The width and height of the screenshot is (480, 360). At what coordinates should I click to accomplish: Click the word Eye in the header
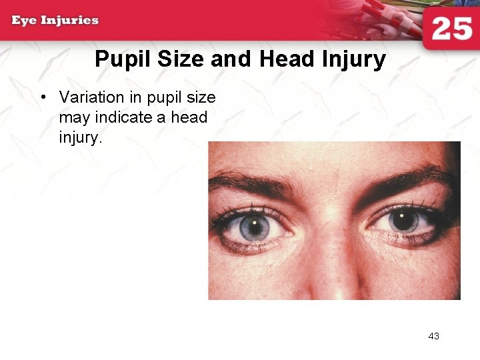point(24,20)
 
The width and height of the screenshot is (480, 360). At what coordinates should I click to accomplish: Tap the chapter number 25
point(451,29)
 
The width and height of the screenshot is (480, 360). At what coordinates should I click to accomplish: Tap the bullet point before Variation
point(43,97)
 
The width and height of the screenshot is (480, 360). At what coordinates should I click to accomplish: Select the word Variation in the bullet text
point(91,97)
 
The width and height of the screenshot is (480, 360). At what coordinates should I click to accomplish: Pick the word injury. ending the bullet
point(80,138)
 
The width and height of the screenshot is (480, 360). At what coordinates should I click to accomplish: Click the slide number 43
point(433,336)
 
